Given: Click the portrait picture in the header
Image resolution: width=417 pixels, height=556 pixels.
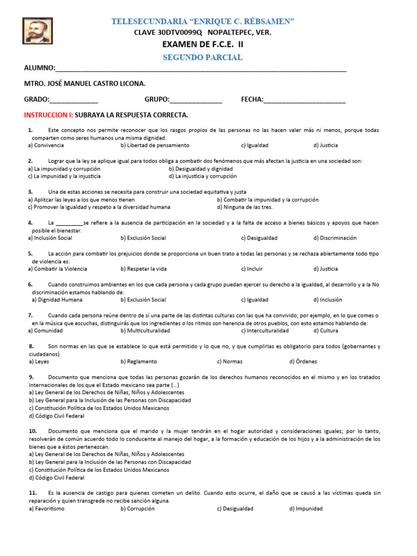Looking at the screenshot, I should (37, 30).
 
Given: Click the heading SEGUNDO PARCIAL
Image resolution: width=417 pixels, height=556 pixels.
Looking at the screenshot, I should (203, 58).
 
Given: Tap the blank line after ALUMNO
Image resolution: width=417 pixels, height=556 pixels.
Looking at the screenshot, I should (201, 69).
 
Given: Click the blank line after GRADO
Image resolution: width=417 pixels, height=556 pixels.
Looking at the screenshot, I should (74, 100).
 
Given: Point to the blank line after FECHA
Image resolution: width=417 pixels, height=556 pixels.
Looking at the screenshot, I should (305, 100).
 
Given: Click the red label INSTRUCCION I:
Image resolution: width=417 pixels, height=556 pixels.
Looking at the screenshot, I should (48, 115).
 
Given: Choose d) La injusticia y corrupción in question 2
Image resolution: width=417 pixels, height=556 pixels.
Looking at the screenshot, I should (203, 176).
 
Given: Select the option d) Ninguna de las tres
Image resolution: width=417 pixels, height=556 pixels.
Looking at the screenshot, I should (244, 207).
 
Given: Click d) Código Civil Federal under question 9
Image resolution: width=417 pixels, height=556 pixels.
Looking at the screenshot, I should (56, 416).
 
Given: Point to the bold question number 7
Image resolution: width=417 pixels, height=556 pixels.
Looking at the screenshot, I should (30, 315).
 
